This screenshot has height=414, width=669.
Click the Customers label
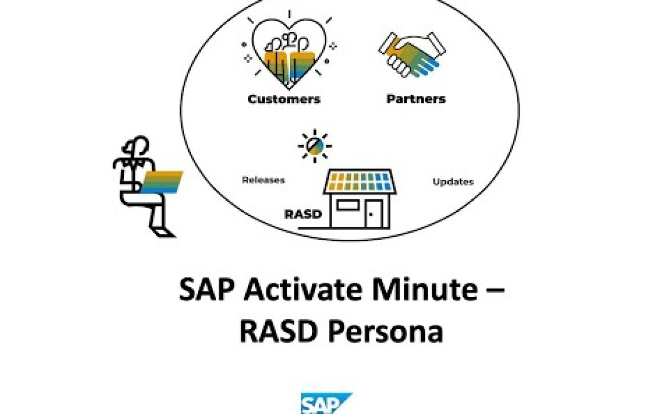pos(284,99)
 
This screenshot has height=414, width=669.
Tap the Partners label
pos(416,99)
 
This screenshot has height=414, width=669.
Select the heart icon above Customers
pos(288,51)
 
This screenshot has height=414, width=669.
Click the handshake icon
pos(412,54)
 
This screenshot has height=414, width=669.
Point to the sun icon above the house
pos(315,146)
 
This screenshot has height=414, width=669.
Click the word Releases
pos(263,180)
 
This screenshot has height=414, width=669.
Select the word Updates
pos(453,182)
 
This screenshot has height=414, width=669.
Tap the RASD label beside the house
pos(303,214)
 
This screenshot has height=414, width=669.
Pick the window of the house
pos(348,206)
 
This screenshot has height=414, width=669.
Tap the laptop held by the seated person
pos(162,182)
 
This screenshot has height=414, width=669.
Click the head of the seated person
pos(137,147)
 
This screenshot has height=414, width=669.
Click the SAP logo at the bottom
pos(326,403)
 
